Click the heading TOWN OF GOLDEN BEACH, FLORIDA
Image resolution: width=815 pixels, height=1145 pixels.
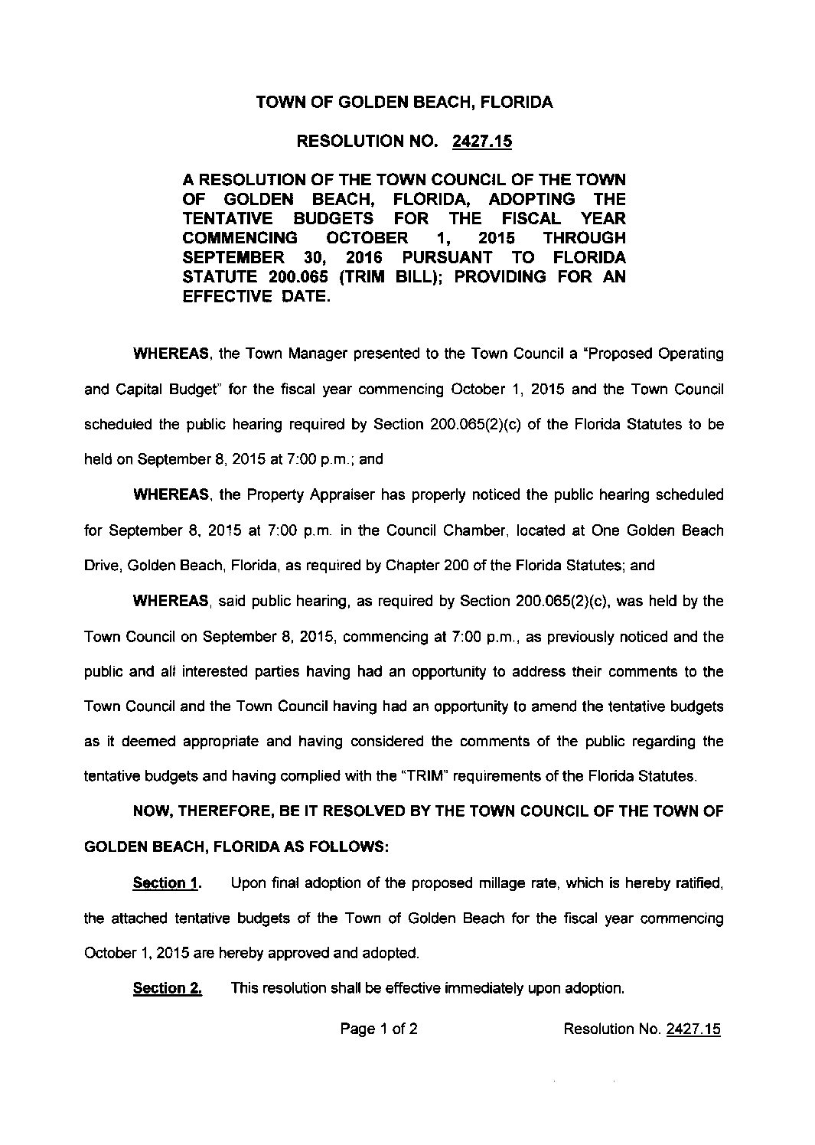tap(403, 102)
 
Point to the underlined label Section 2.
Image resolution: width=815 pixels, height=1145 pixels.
tap(167, 989)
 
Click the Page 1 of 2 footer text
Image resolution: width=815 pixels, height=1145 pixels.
tap(378, 1029)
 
